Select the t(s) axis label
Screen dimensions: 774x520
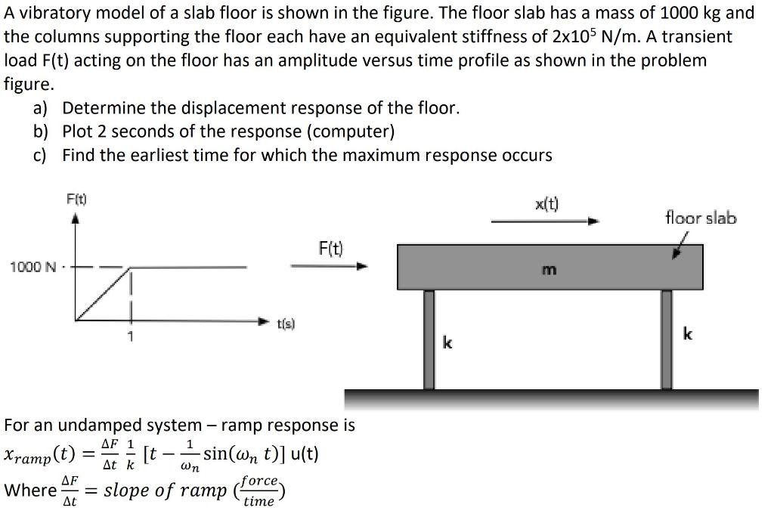285,323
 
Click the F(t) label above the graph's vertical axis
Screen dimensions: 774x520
76,200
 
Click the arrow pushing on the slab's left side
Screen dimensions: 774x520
330,266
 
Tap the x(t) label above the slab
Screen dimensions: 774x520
546,203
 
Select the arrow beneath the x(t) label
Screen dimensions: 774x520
545,221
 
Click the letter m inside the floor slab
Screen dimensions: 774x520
550,269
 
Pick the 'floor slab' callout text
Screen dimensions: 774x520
701,218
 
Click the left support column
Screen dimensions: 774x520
429,339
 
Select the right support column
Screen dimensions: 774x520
667,339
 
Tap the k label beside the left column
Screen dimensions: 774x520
447,344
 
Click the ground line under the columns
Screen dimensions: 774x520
551,395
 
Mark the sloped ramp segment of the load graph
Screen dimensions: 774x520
103,294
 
